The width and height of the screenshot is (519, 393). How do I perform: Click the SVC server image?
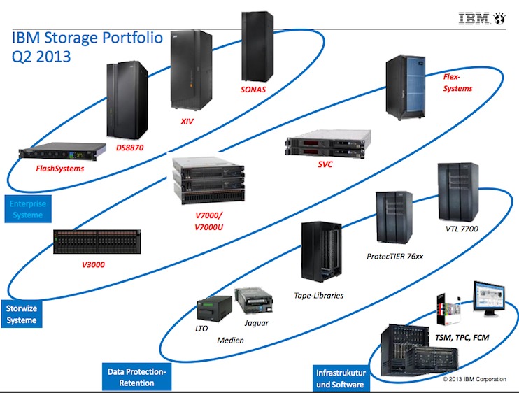(325, 148)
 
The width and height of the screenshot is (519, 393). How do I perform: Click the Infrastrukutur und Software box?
(339, 378)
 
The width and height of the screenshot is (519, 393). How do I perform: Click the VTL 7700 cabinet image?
(457, 192)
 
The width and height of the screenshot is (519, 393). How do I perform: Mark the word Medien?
(231, 341)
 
